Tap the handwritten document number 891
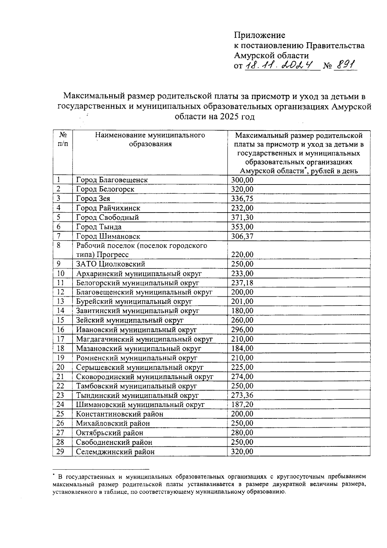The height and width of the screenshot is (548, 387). [x=345, y=65]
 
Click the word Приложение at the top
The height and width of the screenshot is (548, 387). [x=260, y=35]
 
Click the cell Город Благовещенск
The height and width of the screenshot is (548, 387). [x=112, y=180]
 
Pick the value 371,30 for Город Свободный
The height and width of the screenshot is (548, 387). [x=242, y=217]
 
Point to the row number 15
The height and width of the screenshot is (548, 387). [x=60, y=320]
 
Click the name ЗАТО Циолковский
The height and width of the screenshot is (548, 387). [x=111, y=264]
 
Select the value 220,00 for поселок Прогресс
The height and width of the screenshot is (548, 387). [x=242, y=254]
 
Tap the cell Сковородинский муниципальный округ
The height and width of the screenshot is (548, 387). [x=145, y=376]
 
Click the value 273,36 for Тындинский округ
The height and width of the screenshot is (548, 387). [x=242, y=395]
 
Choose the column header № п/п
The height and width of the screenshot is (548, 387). [x=63, y=139]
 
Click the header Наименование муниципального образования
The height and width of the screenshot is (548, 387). [x=150, y=139]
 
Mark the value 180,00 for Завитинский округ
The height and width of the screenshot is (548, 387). [x=242, y=311]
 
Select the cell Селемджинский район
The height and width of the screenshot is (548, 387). [x=115, y=452]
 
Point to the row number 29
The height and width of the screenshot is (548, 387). [x=60, y=452]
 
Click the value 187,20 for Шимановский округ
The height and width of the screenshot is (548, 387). [x=242, y=404]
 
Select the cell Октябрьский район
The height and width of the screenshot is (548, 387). [x=110, y=433]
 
